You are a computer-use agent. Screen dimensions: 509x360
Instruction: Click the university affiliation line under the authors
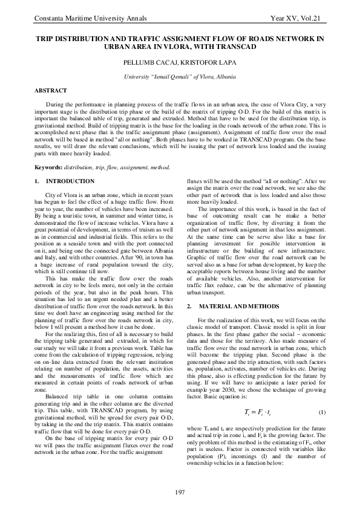pyautogui.click(x=180, y=78)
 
